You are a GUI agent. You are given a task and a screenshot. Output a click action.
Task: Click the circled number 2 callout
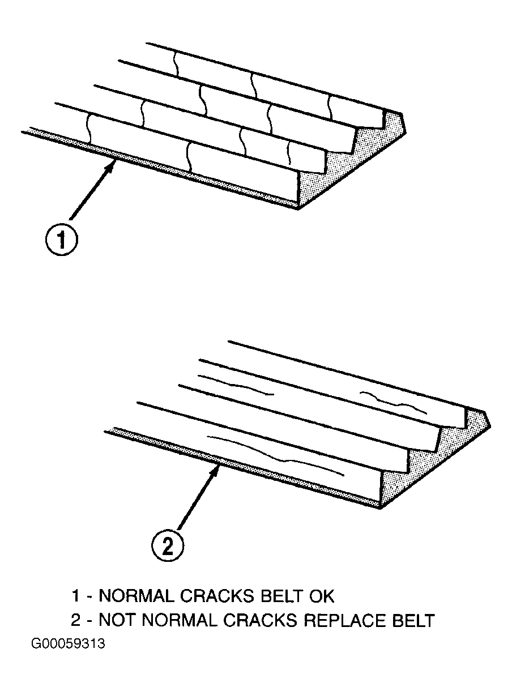click(168, 547)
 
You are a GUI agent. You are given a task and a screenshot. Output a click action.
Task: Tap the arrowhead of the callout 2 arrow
click(218, 466)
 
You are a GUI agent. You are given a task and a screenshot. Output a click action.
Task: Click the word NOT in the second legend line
click(117, 620)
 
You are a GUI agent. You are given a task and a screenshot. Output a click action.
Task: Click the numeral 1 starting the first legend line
click(75, 596)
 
